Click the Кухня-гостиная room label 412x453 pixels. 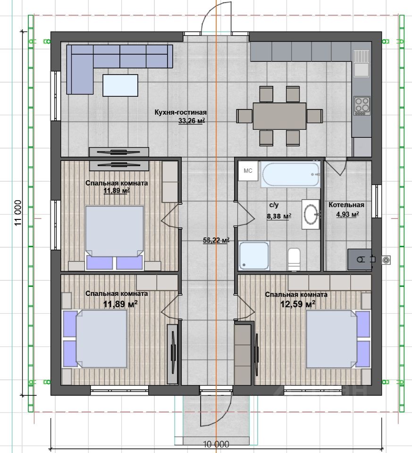click(x=180, y=112)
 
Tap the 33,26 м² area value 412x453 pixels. click(x=192, y=121)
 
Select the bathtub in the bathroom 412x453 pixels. click(x=291, y=174)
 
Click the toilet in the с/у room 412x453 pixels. click(x=294, y=259)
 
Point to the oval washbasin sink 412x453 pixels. click(x=311, y=214)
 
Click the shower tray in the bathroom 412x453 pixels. click(x=254, y=256)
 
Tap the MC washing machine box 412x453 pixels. click(x=248, y=171)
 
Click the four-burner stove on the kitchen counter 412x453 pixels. click(x=362, y=106)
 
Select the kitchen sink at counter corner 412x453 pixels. click(x=361, y=63)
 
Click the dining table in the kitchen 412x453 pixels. click(x=279, y=116)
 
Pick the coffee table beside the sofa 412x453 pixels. click(x=120, y=85)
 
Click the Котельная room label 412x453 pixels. click(x=346, y=205)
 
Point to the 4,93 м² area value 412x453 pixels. click(x=347, y=214)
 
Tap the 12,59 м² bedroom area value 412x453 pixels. click(x=298, y=304)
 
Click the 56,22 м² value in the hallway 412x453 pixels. click(x=216, y=240)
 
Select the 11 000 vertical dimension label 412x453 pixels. click(x=18, y=213)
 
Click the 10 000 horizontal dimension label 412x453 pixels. click(x=216, y=444)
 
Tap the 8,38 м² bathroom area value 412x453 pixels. click(x=279, y=216)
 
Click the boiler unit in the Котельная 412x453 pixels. click(x=360, y=260)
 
